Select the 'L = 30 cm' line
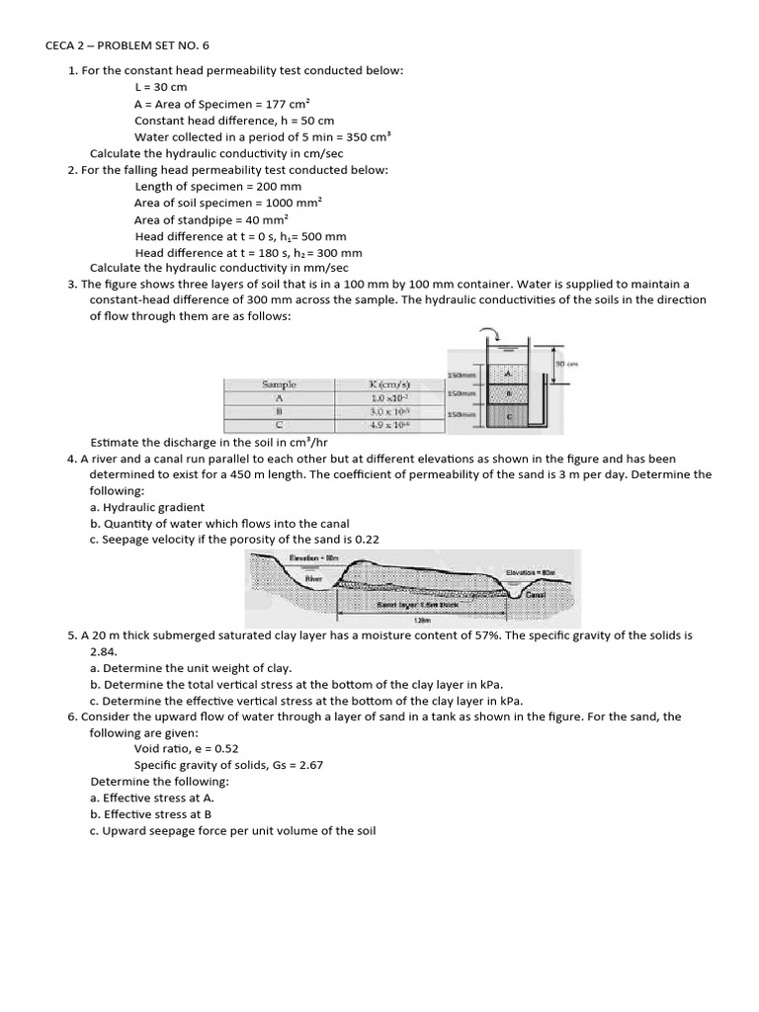coord(160,87)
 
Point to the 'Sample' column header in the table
coord(279,384)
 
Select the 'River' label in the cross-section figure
coord(314,577)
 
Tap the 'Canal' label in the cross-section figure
coord(535,595)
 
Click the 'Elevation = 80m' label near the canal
coord(535,572)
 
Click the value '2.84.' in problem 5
coord(105,652)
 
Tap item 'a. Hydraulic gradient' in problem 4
coord(147,507)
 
